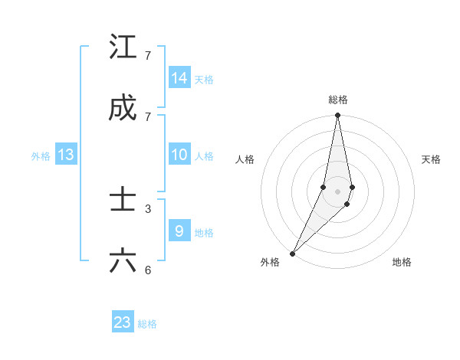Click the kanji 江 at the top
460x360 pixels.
point(123,47)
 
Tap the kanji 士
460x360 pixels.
point(123,200)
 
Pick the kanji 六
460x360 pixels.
point(123,261)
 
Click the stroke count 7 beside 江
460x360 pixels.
point(148,56)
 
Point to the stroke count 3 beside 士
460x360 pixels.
point(148,208)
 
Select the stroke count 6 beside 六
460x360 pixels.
point(148,270)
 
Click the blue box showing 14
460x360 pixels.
point(179,78)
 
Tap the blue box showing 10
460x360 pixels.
point(179,155)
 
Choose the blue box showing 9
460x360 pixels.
point(179,231)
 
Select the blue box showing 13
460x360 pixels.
point(66,155)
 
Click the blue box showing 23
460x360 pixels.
point(123,322)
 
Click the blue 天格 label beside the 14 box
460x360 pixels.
point(204,80)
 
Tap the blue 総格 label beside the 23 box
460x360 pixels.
point(147,324)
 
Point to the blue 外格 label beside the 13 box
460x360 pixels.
point(41,156)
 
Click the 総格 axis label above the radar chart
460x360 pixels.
point(338,100)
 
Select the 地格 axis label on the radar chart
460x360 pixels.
point(402,262)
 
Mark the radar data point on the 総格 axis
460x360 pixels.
point(338,116)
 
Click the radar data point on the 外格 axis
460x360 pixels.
point(292,253)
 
